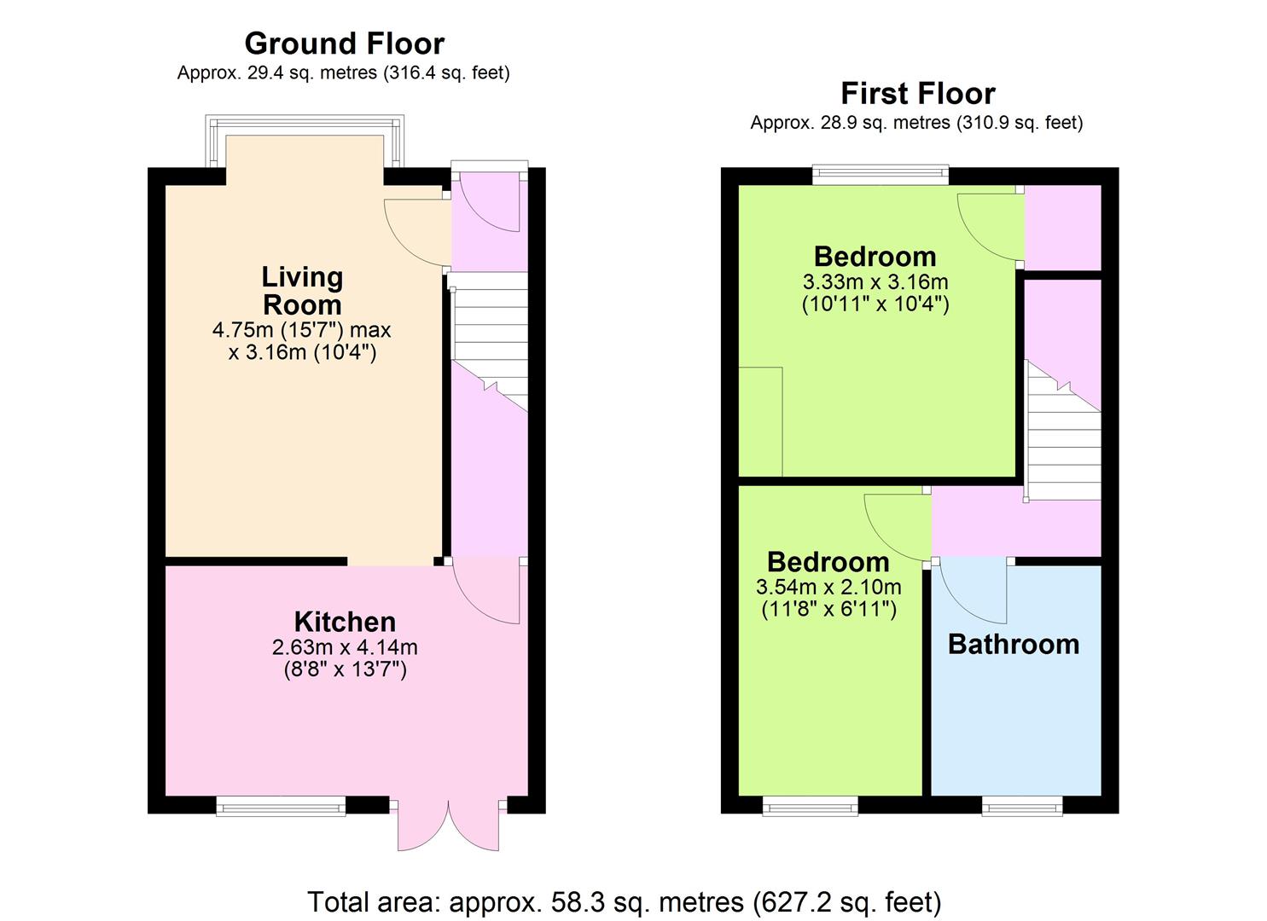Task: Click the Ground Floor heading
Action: click(x=345, y=43)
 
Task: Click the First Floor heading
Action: click(x=918, y=93)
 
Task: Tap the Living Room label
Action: click(x=302, y=291)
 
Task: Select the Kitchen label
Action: click(x=345, y=622)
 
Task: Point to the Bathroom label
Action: click(x=1014, y=645)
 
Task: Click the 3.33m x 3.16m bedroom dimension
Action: click(x=875, y=281)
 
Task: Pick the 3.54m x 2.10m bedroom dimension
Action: click(x=828, y=587)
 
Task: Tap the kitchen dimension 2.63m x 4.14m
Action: click(x=345, y=646)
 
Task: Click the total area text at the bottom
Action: click(x=625, y=902)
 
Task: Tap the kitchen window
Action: click(x=281, y=806)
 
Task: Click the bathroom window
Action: click(x=1022, y=806)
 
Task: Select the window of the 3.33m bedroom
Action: click(x=881, y=175)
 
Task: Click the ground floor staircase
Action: click(x=490, y=342)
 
